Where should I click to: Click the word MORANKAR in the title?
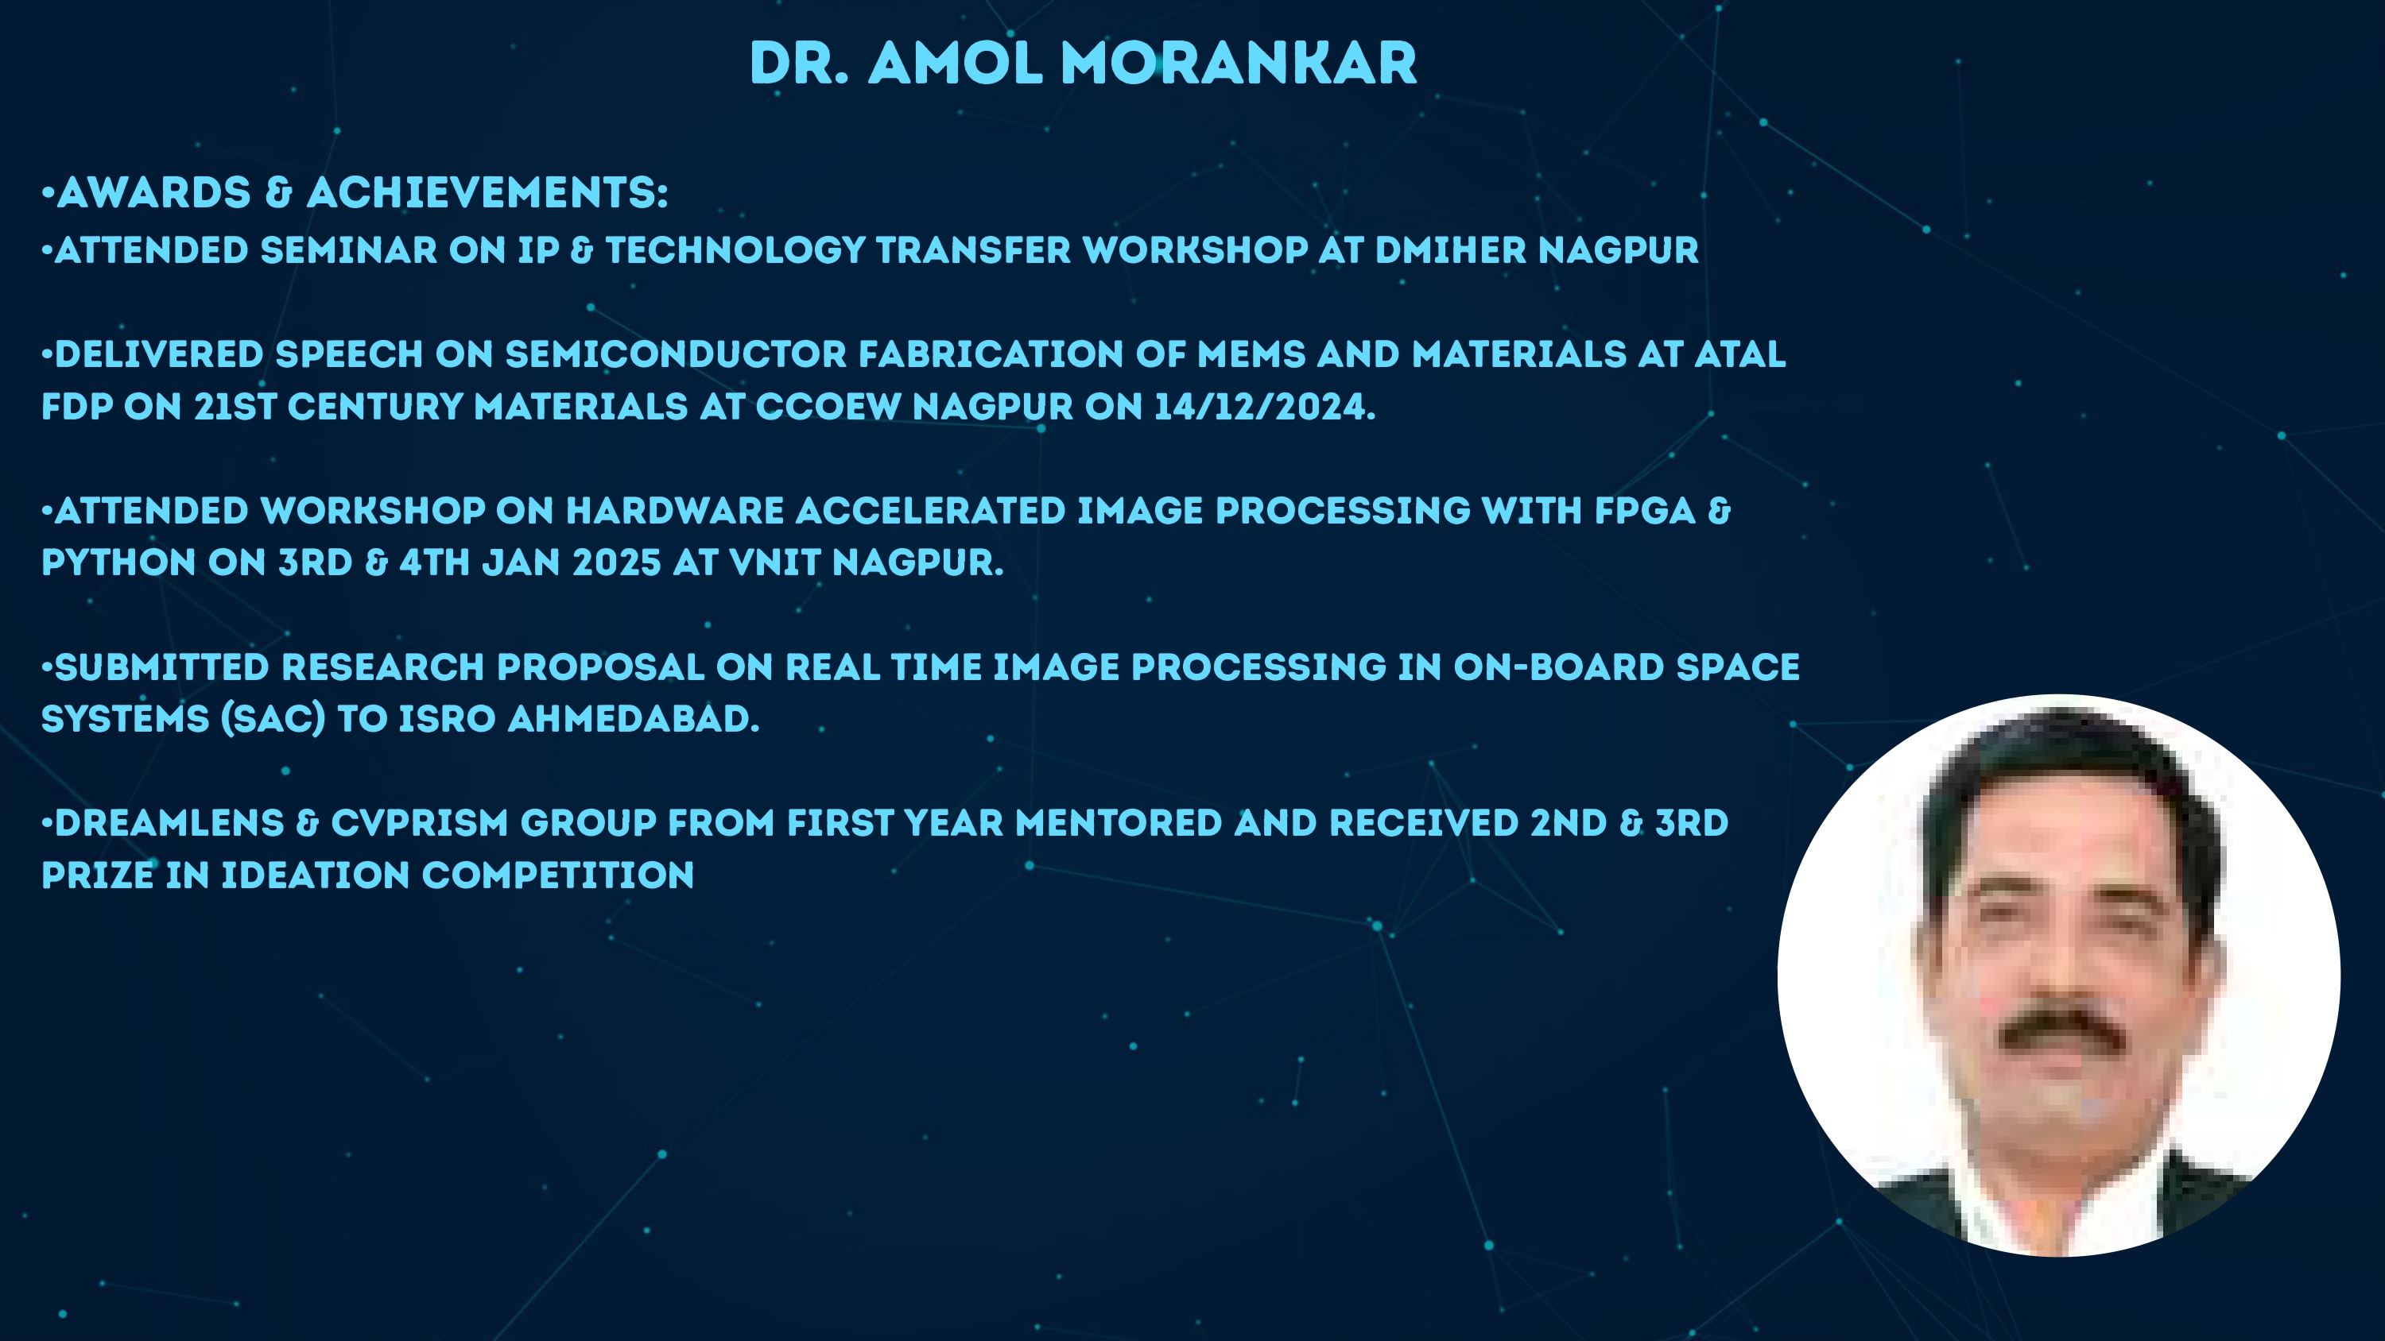pos(1239,64)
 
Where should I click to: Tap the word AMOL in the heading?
pos(956,64)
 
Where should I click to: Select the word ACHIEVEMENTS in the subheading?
pos(486,192)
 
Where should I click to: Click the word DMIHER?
pos(1451,250)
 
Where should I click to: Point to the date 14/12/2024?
pos(1265,406)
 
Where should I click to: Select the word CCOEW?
pos(828,406)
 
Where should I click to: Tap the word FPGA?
pos(1645,511)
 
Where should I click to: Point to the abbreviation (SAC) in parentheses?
pos(273,719)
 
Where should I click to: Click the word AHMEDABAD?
pos(634,719)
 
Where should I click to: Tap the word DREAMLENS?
pos(169,823)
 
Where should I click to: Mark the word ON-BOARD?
pos(1559,667)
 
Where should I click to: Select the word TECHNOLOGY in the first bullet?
pos(735,250)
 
